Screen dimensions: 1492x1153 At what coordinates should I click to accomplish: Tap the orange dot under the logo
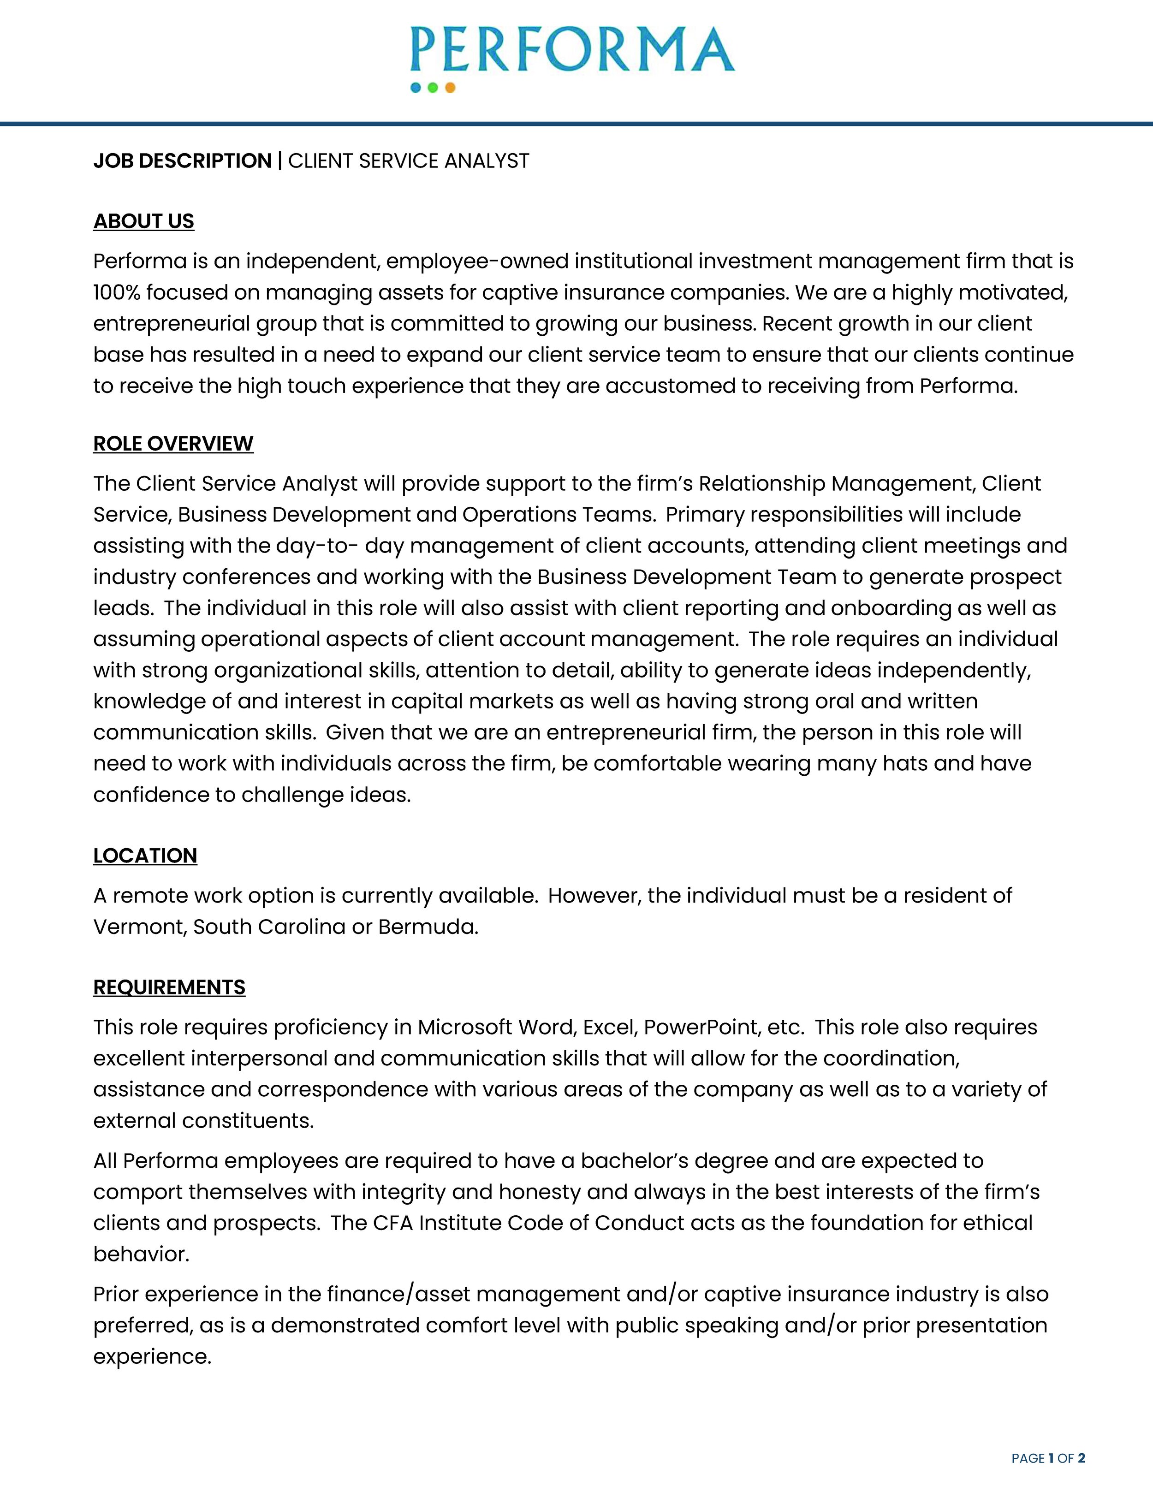coord(450,88)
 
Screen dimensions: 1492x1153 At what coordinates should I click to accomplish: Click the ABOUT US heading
coord(143,221)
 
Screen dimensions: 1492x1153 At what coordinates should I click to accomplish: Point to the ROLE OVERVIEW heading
coord(173,443)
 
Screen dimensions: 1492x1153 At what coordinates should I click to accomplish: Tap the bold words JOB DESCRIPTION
coord(182,161)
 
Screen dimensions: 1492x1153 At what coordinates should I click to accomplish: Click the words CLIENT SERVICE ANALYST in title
coord(409,161)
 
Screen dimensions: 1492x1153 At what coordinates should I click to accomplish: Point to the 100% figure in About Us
coord(116,292)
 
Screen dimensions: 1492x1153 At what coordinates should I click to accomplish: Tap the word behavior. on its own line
coord(141,1254)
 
